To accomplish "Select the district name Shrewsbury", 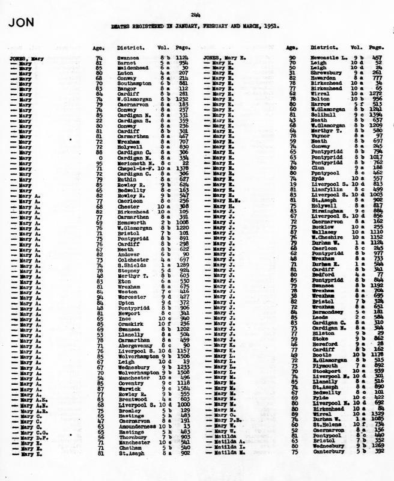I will [x=326, y=73].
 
